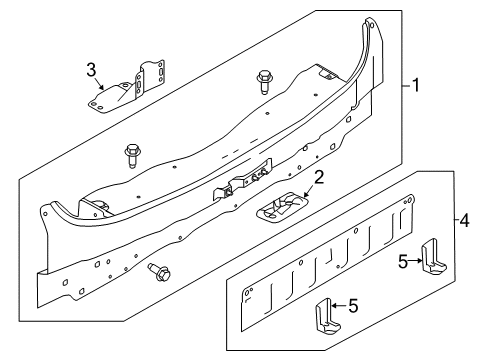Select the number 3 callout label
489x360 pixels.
(x=90, y=68)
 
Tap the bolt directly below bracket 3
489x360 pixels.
(x=132, y=156)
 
